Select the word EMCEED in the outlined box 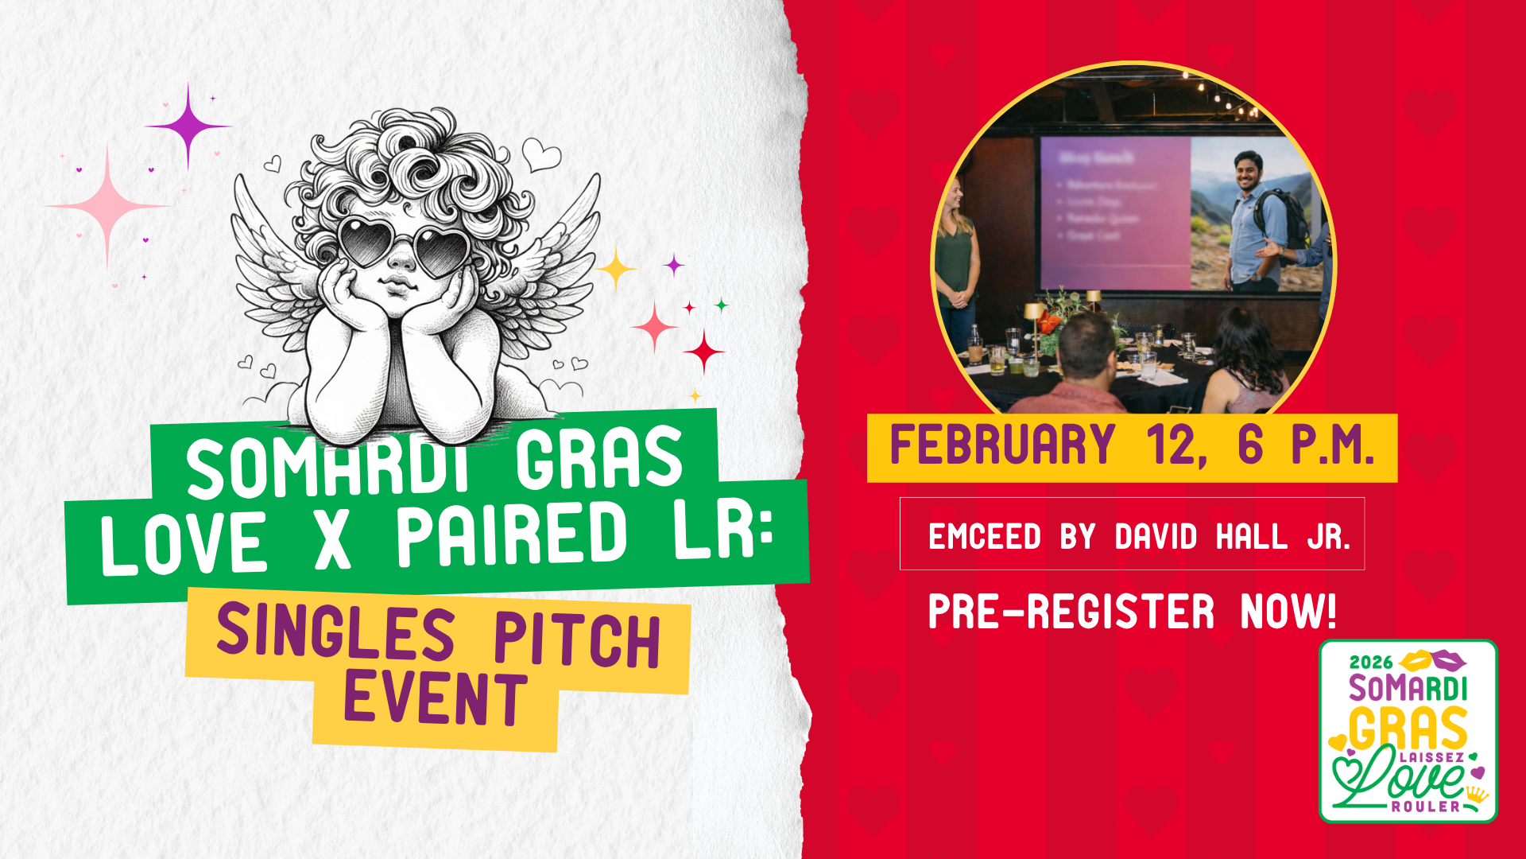(x=984, y=537)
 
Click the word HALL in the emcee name (x=1251, y=537)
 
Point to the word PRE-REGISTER (x=1071, y=612)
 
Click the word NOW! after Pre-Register (x=1288, y=612)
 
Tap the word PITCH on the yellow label (x=577, y=640)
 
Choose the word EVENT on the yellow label (x=435, y=698)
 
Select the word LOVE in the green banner (x=184, y=543)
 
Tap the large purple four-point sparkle (x=188, y=126)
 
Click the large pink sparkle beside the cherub (x=107, y=206)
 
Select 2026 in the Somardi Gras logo (x=1371, y=663)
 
